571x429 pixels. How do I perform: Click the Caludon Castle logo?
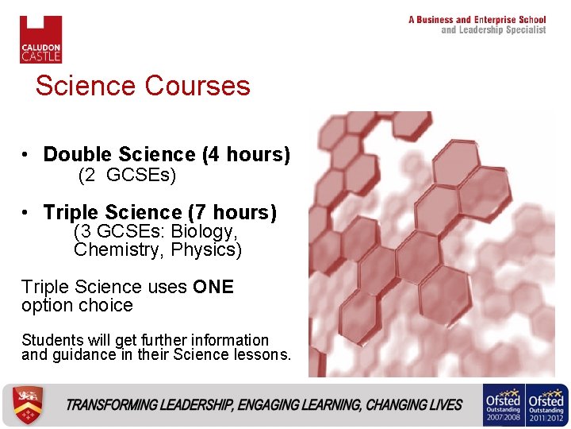point(40,39)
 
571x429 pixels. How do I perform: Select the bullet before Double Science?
point(26,154)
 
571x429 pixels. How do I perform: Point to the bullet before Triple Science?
point(26,213)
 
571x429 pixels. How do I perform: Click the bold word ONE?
point(213,287)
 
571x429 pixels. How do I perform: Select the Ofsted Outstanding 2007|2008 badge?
point(503,405)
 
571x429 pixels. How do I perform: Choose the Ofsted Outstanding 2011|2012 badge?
point(546,405)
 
